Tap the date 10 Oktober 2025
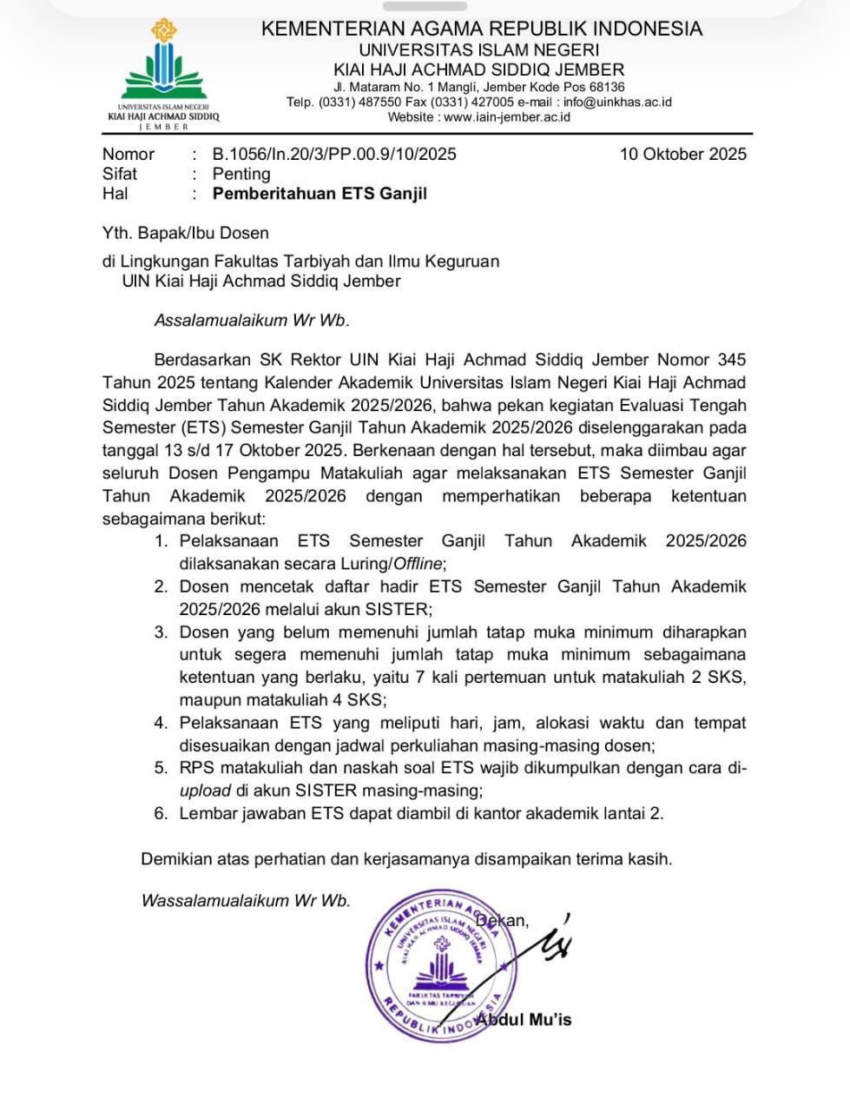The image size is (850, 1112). pos(682,154)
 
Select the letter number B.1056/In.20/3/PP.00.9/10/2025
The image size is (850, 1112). pos(334,154)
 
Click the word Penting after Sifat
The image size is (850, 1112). pos(241,174)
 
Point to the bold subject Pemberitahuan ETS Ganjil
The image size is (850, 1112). pos(320,194)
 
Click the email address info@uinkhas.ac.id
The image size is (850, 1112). pos(617,102)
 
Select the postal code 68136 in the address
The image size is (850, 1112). pos(607,87)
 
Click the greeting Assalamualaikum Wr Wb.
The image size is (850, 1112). pos(252,320)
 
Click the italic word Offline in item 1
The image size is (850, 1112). pos(418,564)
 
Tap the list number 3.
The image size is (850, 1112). pos(161,632)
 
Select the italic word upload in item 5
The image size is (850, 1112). pos(205,791)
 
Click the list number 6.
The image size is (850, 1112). pos(161,813)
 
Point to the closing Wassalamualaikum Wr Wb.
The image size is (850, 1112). pos(246,900)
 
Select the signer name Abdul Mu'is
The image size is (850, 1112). pos(524,1019)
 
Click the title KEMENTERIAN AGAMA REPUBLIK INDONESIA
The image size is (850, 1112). pos(482,29)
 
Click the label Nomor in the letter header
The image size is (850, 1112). pos(128,154)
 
